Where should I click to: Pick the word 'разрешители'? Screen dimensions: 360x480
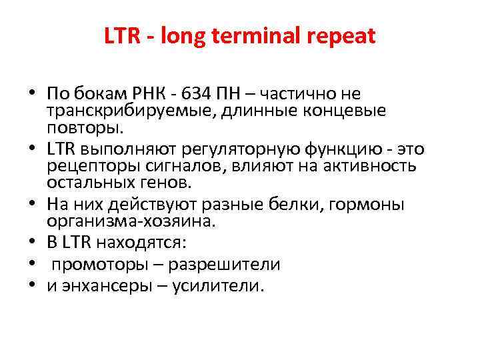(224, 264)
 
